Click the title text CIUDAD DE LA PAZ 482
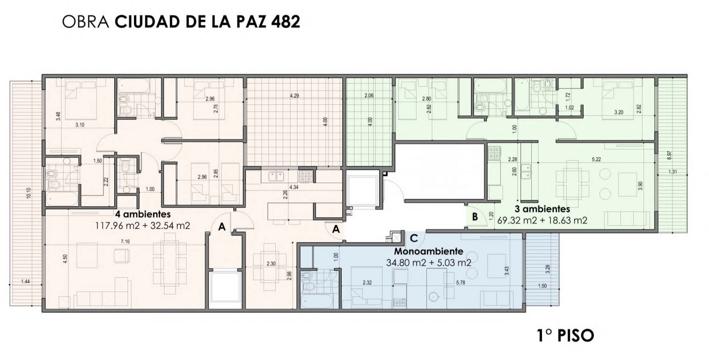click(207, 22)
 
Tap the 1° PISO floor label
click(566, 335)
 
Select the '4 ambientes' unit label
click(143, 214)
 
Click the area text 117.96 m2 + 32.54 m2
click(143, 226)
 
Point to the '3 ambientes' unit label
click(542, 209)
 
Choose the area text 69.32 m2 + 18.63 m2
click(542, 220)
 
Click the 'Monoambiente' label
click(428, 251)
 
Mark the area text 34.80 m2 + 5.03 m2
click(428, 263)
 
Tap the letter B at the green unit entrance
click(475, 217)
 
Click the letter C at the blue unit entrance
click(414, 238)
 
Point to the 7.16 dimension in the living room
click(125, 242)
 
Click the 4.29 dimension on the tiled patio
click(294, 96)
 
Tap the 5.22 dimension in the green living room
click(596, 159)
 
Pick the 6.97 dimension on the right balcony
click(669, 156)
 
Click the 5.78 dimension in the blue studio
click(460, 283)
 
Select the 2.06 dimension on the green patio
click(369, 96)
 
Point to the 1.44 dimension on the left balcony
click(25, 281)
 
